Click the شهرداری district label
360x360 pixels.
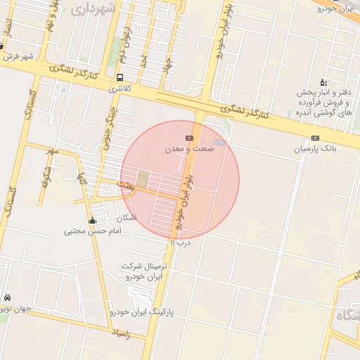tap(92, 10)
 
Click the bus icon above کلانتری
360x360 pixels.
tap(120, 78)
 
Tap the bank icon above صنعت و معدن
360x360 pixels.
tap(188, 138)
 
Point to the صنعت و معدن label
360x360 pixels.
tap(188, 150)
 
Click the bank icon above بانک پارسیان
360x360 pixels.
tap(315, 138)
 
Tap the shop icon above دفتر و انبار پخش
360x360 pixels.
tap(323, 82)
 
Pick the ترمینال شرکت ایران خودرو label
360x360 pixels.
tap(145, 271)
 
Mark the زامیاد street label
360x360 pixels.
tap(120, 331)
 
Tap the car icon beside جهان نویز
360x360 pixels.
tap(7, 297)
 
